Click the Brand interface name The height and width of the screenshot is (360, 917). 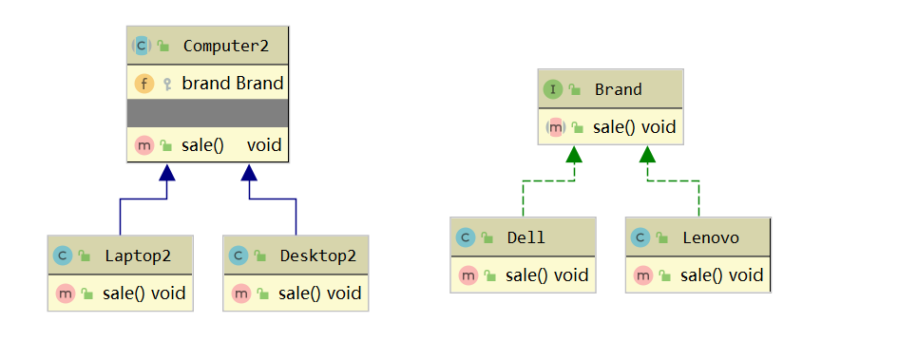coord(619,89)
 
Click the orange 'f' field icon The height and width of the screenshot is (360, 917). coord(144,83)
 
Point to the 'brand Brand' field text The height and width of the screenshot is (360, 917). coord(233,83)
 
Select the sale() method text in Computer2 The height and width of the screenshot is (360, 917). coord(201,145)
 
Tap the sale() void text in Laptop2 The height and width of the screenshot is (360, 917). coord(144,293)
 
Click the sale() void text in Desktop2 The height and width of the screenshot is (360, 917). coord(320,293)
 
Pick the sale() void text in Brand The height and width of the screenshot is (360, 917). coord(634,126)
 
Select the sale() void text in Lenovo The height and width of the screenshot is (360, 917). coord(722,275)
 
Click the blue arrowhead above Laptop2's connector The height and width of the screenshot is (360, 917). coord(167,172)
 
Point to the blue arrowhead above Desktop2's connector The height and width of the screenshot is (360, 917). coord(249,172)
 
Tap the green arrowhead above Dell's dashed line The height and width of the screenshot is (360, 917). coord(573,153)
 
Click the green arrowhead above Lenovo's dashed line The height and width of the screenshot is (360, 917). coord(647,153)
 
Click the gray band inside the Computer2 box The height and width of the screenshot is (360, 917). coord(207,114)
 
